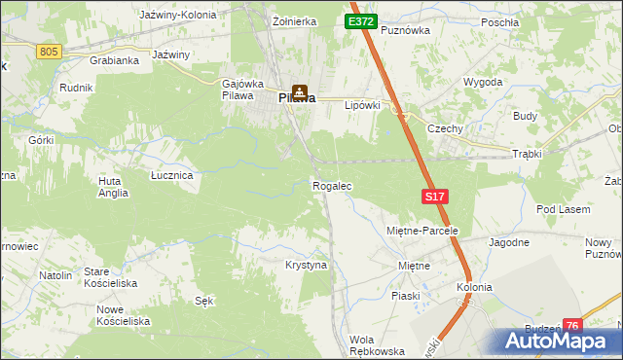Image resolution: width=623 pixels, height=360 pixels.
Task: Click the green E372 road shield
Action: tap(360, 20)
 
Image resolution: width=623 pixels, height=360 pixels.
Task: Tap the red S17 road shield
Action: tap(435, 197)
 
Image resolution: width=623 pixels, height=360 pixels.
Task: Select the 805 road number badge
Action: tap(50, 51)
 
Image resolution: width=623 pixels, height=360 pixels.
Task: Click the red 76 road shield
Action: tap(572, 327)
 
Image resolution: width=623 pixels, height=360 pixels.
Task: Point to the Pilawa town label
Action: tap(297, 98)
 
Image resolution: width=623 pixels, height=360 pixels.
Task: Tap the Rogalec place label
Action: tap(331, 186)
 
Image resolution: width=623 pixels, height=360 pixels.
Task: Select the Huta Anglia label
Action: tap(113, 187)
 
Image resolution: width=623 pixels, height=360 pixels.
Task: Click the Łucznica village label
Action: tap(171, 175)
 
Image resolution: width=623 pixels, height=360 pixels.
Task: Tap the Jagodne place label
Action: tap(509, 242)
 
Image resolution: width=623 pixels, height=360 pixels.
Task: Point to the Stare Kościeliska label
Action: tap(109, 276)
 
